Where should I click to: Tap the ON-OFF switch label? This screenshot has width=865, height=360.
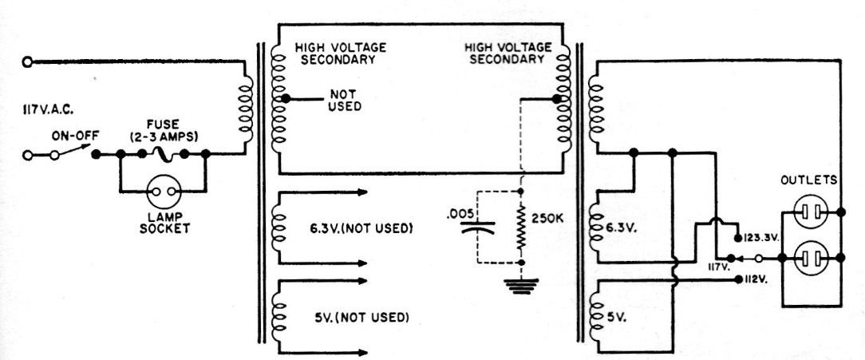74,136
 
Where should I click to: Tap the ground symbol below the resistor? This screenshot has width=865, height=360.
522,286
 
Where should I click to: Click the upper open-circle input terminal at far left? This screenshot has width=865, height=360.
28,61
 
